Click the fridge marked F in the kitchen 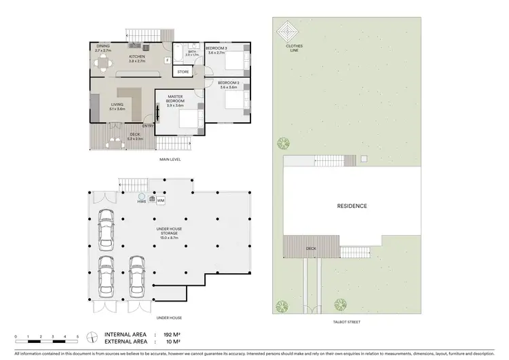[x=167, y=60]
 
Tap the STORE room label [x=183, y=71]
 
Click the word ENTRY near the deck [x=148, y=125]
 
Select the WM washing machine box [x=161, y=201]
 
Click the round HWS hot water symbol [x=142, y=196]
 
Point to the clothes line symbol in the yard [x=289, y=31]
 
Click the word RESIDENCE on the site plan [x=352, y=205]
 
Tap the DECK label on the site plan [x=311, y=249]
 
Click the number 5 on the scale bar [x=77, y=337]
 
